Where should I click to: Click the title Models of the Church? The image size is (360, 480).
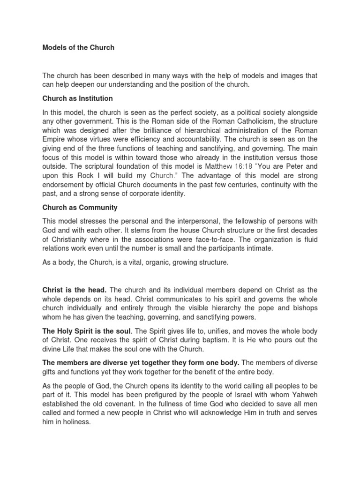[x=78, y=48]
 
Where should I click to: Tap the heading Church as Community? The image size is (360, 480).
[x=80, y=207]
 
